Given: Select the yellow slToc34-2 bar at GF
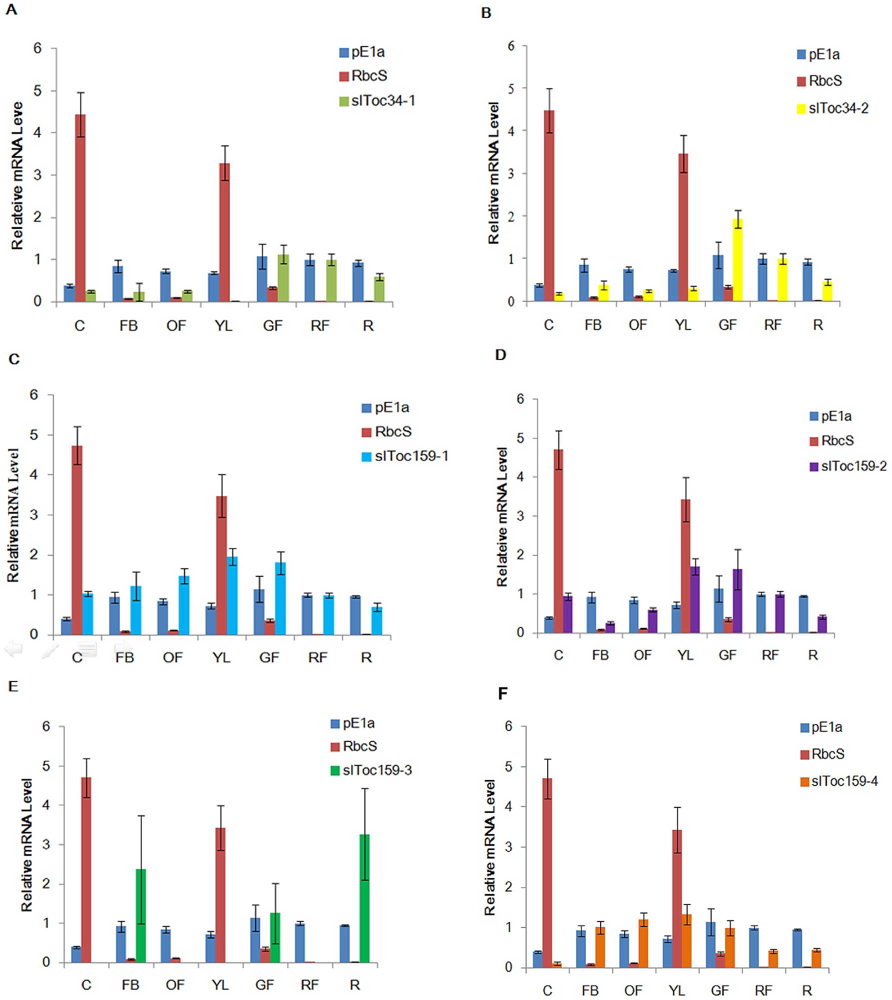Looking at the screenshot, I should click(737, 260).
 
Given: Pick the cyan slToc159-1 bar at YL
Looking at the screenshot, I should click(232, 595).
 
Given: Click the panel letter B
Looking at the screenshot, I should click(486, 13).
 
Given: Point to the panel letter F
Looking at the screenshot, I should click(503, 693).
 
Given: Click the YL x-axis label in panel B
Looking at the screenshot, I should click(683, 325).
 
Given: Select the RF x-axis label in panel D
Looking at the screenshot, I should click(770, 655).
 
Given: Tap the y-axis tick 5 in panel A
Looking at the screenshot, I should click(37, 91).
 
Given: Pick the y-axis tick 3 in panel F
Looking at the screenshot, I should click(509, 847).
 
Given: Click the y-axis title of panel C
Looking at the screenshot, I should click(13, 515).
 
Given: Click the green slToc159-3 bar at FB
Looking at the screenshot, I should click(141, 915).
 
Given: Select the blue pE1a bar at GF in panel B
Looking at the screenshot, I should click(718, 278).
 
